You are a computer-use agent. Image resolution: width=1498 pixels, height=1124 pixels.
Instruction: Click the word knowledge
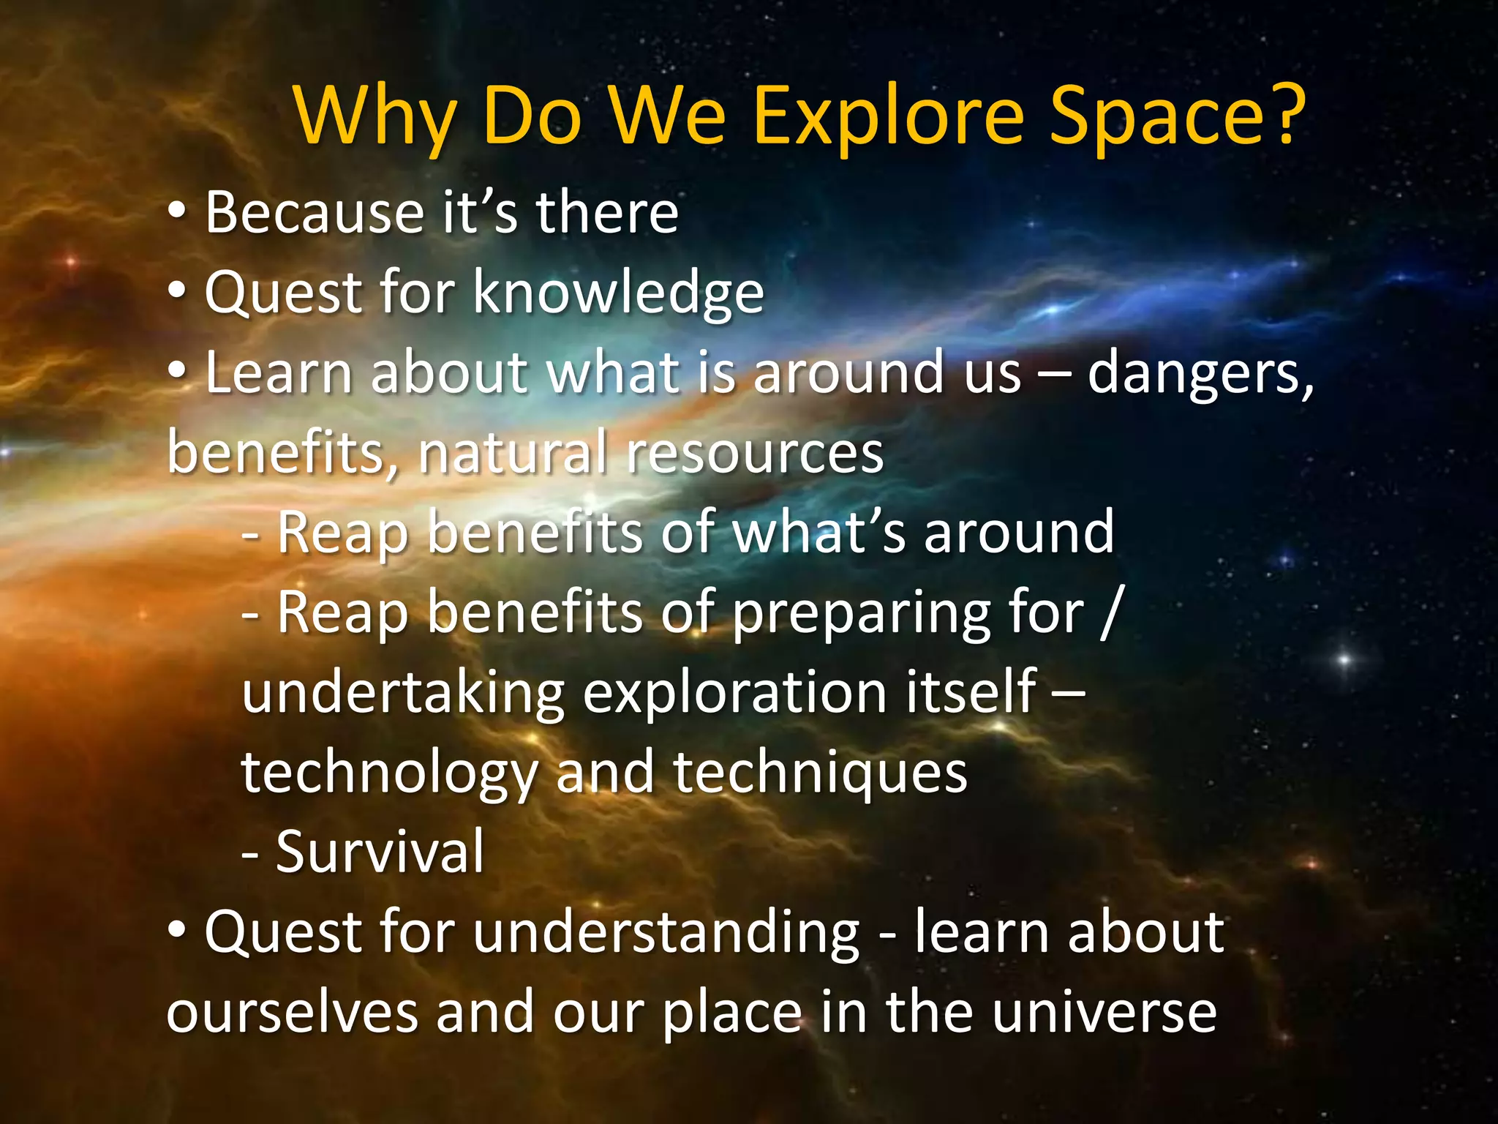click(618, 293)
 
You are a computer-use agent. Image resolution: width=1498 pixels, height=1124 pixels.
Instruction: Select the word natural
click(512, 452)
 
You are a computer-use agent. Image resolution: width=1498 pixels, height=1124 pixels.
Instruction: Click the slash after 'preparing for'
click(1111, 612)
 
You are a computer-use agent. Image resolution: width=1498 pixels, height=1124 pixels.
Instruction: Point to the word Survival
click(380, 852)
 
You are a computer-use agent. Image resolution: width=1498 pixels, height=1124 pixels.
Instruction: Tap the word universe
click(1104, 1013)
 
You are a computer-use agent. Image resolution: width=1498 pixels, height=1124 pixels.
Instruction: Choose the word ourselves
click(293, 1013)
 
